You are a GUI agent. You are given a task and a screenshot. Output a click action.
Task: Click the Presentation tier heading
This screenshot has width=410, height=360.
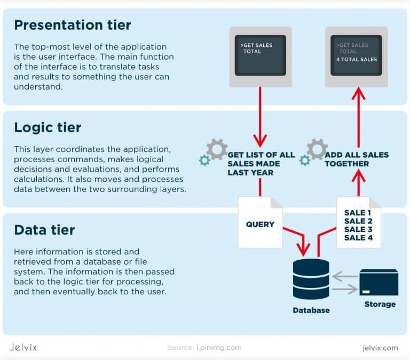[x=72, y=25]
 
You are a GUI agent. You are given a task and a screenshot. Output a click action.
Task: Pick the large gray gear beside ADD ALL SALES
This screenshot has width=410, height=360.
[x=317, y=149]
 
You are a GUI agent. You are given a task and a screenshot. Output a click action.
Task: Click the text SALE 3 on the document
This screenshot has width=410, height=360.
[x=358, y=229]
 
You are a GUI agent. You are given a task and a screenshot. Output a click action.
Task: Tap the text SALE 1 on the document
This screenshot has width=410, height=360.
[x=358, y=213]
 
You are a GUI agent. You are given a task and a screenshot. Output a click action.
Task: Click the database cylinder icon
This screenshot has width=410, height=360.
[x=311, y=279]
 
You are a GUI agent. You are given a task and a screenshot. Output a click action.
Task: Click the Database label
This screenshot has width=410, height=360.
[x=311, y=310]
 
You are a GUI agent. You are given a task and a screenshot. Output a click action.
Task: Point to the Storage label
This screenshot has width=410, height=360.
[x=380, y=304]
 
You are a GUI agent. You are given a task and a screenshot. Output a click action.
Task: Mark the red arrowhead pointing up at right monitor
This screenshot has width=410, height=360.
[x=358, y=95]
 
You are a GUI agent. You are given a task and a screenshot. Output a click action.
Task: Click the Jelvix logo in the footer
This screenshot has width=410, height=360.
[x=24, y=347]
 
